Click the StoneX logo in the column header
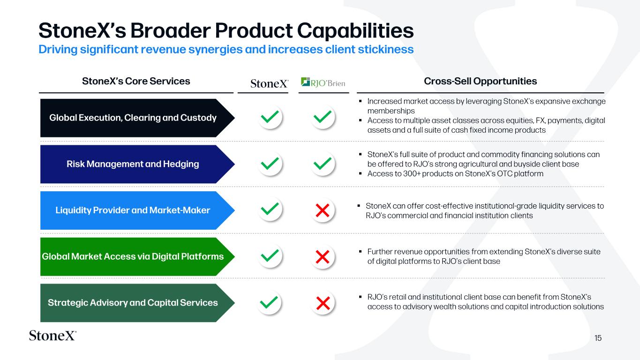270,83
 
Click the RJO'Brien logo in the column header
323,82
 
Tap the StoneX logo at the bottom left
53,336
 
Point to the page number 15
598,338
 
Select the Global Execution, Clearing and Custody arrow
137,118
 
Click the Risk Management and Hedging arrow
137,164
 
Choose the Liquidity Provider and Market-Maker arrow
137,210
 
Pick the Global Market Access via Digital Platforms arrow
137,256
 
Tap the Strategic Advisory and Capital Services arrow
137,303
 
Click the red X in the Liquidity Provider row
323,210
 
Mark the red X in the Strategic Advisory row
323,303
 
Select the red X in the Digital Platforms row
323,256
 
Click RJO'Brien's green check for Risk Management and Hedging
323,164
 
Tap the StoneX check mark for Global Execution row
270,117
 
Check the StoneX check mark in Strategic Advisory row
269,302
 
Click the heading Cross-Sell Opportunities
480,81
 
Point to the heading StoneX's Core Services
136,81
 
